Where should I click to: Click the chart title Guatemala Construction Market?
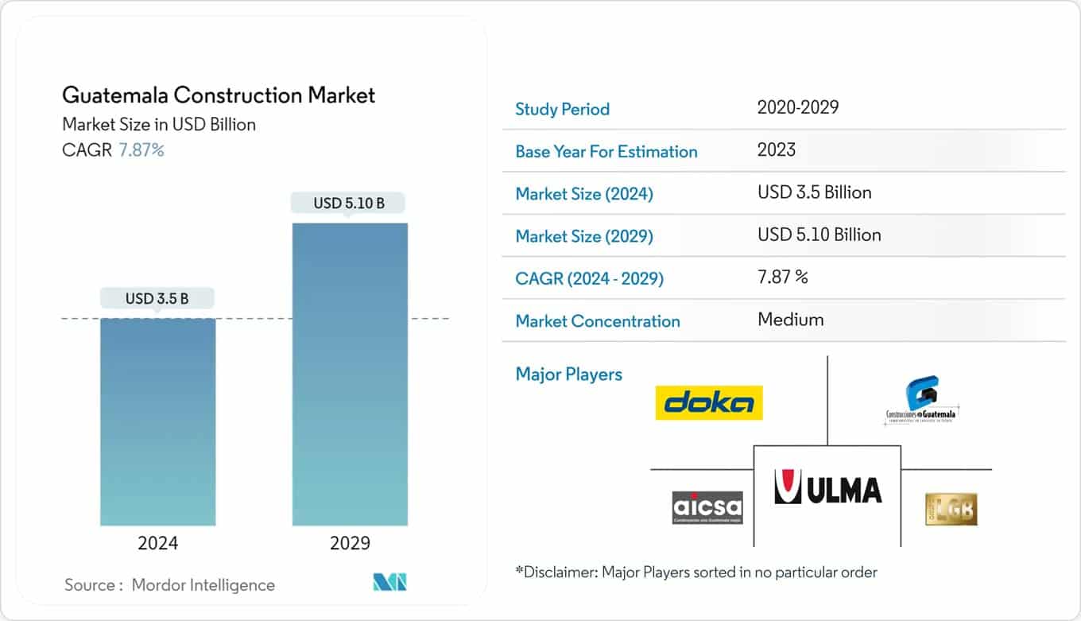219,95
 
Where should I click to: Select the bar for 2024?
157,421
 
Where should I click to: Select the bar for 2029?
350,374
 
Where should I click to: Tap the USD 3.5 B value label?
157,299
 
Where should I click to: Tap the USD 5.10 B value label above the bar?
349,203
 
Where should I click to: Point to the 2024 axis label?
157,544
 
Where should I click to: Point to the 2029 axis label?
350,544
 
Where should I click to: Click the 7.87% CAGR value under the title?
141,150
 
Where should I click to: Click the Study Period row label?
562,109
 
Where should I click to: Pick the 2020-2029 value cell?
797,107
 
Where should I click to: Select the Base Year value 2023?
776,149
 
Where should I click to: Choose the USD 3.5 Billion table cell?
814,192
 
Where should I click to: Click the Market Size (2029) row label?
584,236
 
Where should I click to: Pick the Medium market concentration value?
790,320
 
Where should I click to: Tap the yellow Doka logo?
709,403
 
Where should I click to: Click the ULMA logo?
827,488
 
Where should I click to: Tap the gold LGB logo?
951,509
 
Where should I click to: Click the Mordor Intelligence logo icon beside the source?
389,584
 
